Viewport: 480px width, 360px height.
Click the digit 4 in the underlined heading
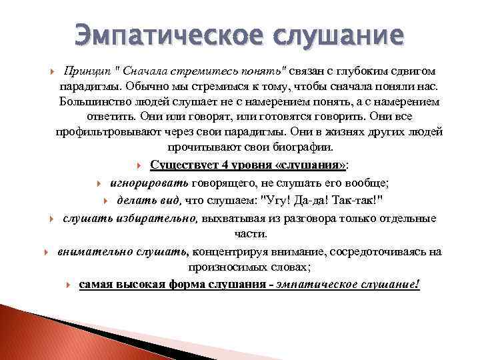tap(207, 165)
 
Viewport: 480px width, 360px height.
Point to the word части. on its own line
tap(250, 234)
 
